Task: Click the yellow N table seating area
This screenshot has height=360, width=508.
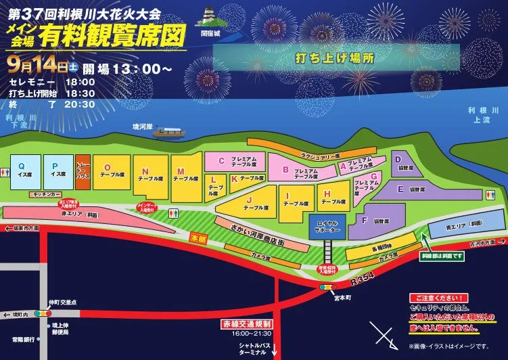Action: click(x=151, y=177)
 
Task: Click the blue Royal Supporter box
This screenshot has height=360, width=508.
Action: click(x=327, y=227)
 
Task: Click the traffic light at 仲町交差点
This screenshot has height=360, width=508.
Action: click(x=44, y=313)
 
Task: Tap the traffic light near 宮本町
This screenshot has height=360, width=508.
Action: click(x=327, y=287)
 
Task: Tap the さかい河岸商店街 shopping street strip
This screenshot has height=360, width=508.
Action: click(x=253, y=231)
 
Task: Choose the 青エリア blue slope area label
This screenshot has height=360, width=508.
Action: click(x=467, y=223)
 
